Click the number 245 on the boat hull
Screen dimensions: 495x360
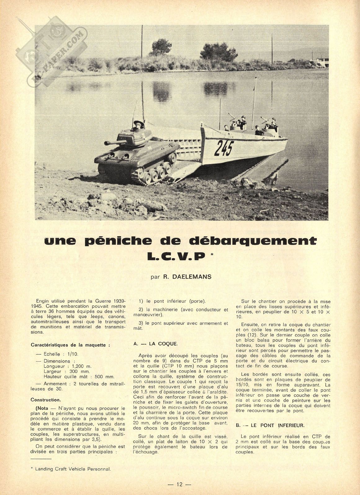point(224,148)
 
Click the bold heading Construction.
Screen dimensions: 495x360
point(46,400)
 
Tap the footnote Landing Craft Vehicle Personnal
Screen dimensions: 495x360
point(73,469)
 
